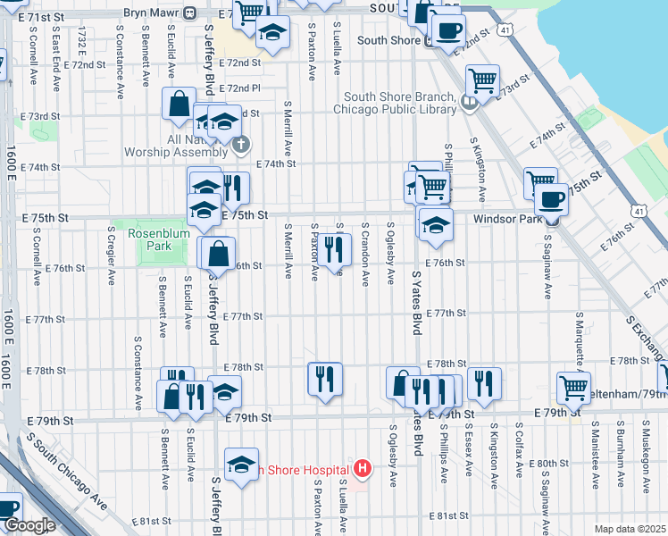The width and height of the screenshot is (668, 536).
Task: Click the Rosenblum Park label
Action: pyautogui.click(x=149, y=239)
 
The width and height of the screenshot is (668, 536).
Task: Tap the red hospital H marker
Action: pyautogui.click(x=362, y=467)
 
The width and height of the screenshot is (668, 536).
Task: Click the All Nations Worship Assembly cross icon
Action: pyautogui.click(x=239, y=144)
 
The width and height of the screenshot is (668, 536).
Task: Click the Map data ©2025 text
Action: pyautogui.click(x=630, y=529)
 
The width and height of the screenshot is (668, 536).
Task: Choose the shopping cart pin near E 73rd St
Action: pyautogui.click(x=482, y=80)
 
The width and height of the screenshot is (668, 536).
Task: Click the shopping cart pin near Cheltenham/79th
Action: pyautogui.click(x=573, y=387)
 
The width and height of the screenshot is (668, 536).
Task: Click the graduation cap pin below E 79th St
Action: pyautogui.click(x=241, y=465)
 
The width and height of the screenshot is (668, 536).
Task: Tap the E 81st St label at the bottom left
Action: pyautogui.click(x=151, y=521)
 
